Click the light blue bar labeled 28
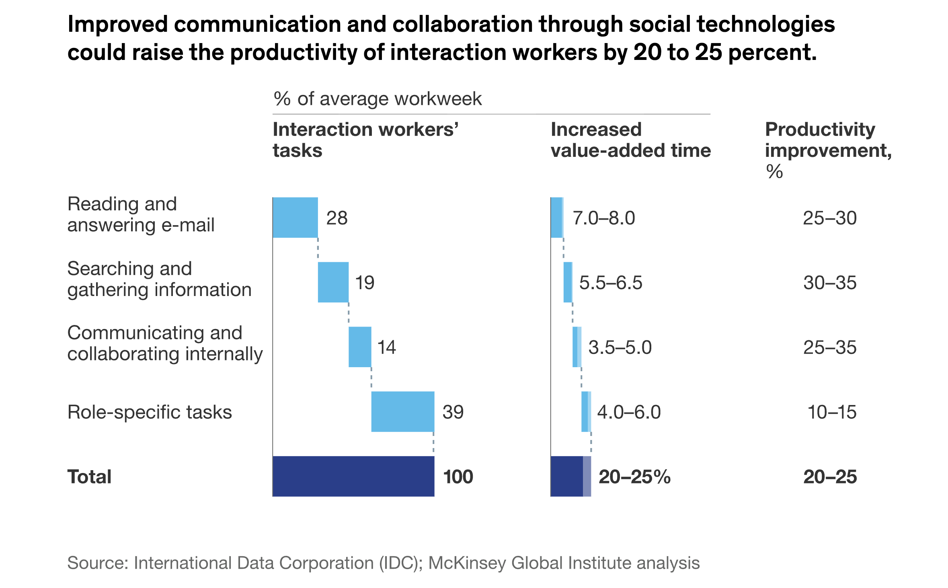pos(295,218)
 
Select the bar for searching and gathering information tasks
pos(333,282)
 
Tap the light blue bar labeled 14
pos(359,347)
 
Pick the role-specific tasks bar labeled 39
pos(402,411)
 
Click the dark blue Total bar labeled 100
pos(353,476)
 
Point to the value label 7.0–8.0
pos(603,218)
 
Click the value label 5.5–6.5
pos(610,283)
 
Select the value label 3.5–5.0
pos(620,347)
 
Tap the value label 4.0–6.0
pos(629,412)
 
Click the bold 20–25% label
pos(634,477)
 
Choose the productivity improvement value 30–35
pos(829,283)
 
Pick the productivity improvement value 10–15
pos(831,412)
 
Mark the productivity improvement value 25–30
pos(829,218)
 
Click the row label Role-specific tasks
pos(149,412)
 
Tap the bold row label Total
pos(89,477)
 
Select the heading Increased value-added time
pos(630,140)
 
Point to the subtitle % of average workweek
pos(377,99)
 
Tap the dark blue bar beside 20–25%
pos(566,476)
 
